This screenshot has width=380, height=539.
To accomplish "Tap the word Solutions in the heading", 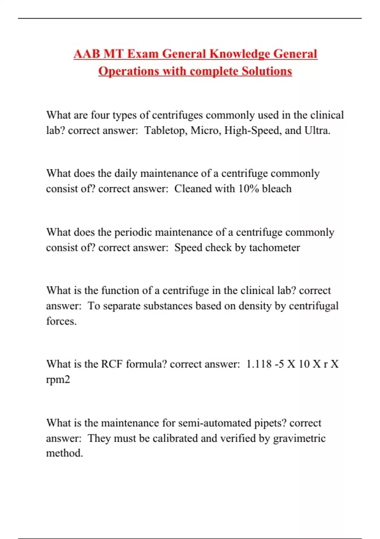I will point(267,71).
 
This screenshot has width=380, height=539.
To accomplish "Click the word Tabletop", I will point(165,130).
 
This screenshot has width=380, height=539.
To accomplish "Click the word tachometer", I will point(274,247).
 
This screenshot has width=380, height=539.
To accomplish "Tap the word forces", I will point(61,321).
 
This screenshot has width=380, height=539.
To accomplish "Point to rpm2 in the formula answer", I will point(58,380).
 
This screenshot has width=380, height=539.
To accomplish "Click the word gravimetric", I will point(299,438).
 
